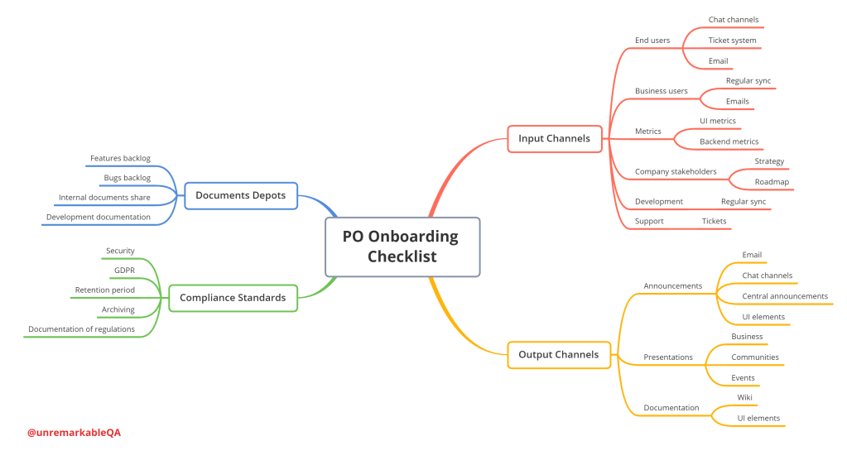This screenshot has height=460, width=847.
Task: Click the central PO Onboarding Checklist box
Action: coord(402,247)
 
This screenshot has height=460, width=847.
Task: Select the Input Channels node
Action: coord(554,138)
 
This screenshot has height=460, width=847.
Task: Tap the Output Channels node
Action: coord(558,355)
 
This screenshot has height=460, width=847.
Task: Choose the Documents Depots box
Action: coord(240,195)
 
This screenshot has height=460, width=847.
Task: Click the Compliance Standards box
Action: coord(233,298)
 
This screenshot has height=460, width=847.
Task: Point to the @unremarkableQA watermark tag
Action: coord(74,433)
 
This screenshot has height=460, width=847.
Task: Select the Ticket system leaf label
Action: coord(732,40)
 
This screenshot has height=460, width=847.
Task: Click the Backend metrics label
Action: coord(729,141)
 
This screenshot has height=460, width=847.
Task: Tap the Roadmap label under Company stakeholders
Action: coord(772,182)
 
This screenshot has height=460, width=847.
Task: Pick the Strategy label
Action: coord(769,161)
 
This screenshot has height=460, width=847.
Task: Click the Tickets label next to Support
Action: coord(714,221)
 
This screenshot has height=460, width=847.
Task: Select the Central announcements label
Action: coord(785,296)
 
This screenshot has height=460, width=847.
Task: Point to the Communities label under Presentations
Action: coord(754,357)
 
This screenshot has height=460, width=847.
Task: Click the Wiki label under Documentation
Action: coord(744,398)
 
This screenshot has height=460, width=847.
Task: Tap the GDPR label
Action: coord(124,271)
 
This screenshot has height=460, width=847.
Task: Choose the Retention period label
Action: coord(104,290)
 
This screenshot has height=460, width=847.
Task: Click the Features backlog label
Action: coord(120,158)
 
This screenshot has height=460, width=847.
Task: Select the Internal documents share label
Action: coord(104,198)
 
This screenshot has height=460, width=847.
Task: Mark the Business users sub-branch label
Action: coord(661,91)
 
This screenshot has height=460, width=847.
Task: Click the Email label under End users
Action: coord(718,61)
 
